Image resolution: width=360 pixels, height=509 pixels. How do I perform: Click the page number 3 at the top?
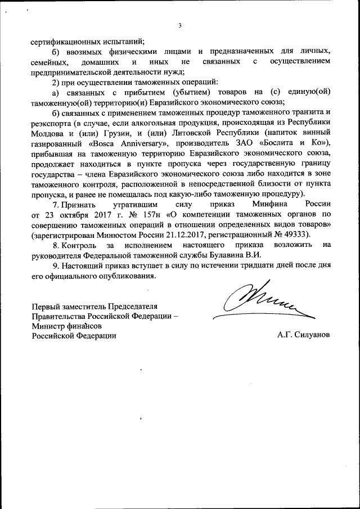click(180, 25)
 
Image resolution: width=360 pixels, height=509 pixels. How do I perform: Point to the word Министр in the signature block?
click(47, 326)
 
